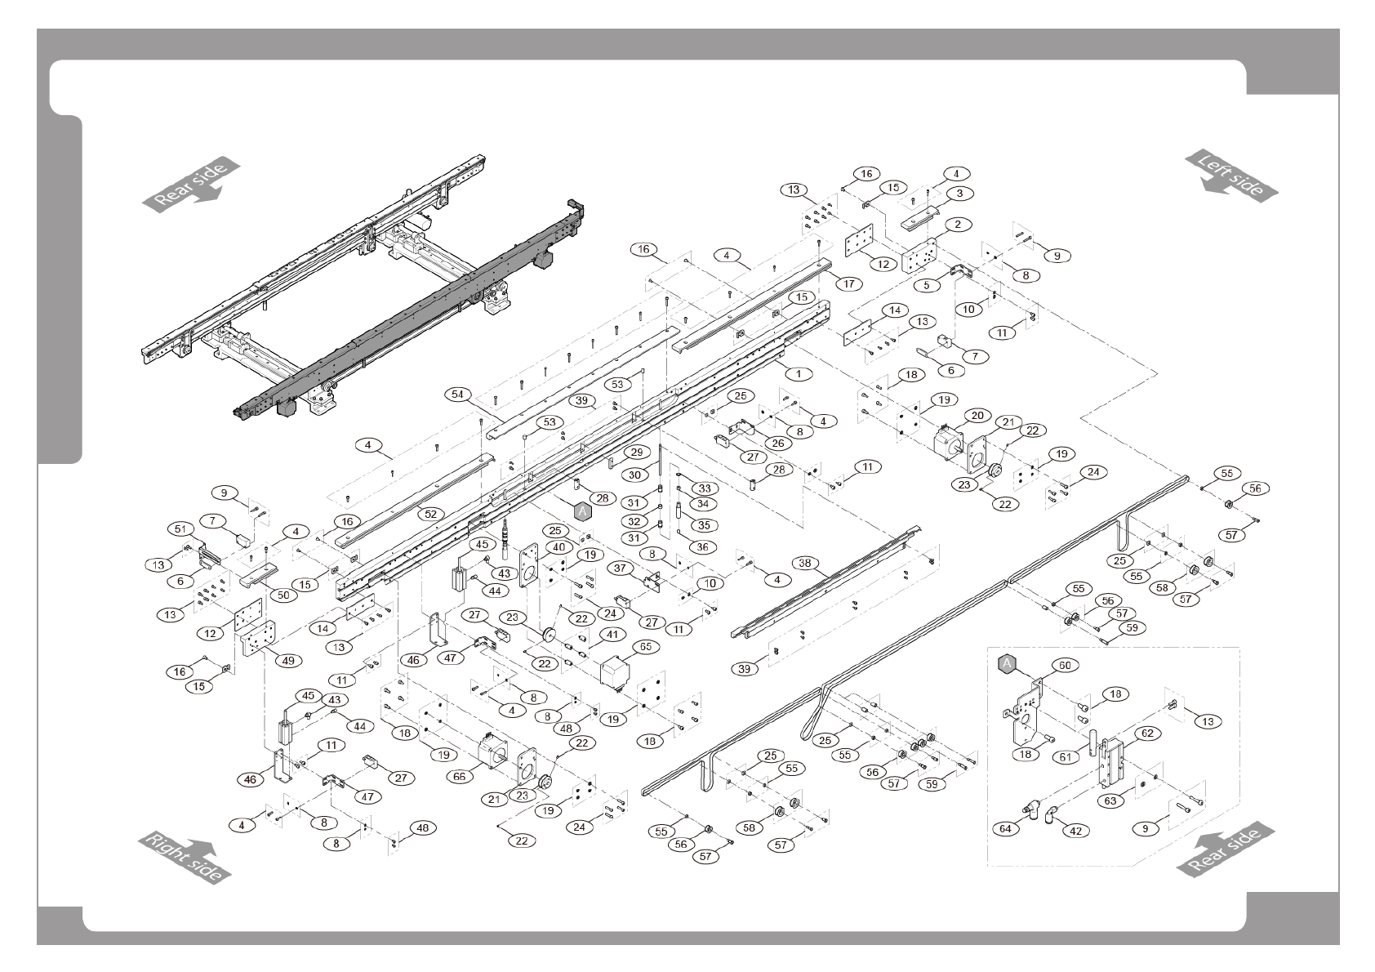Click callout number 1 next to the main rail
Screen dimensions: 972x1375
point(798,372)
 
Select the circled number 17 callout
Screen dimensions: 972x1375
point(849,284)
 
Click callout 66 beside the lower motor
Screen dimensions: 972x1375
point(460,776)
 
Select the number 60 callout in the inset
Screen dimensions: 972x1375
point(1065,665)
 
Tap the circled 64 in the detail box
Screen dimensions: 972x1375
point(1006,828)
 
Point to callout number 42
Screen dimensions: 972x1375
point(1075,831)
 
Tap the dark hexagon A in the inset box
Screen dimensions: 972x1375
point(1007,663)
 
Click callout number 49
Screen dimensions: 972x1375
point(287,661)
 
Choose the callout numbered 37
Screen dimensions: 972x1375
point(621,568)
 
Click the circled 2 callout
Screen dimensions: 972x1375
point(957,224)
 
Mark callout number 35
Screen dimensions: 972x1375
point(703,525)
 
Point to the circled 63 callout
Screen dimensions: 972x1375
point(1110,800)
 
